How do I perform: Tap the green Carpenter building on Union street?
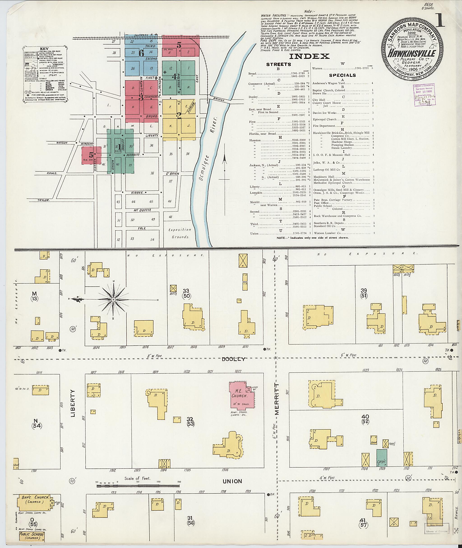(381, 458)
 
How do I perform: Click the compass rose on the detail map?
(113, 299)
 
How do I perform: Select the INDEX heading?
(309, 56)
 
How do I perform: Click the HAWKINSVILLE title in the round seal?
(411, 53)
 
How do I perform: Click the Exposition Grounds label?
(180, 233)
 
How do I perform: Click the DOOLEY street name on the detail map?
(233, 359)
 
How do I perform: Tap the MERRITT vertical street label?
(277, 398)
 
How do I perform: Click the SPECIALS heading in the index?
(342, 75)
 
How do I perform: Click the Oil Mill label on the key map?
(167, 49)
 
